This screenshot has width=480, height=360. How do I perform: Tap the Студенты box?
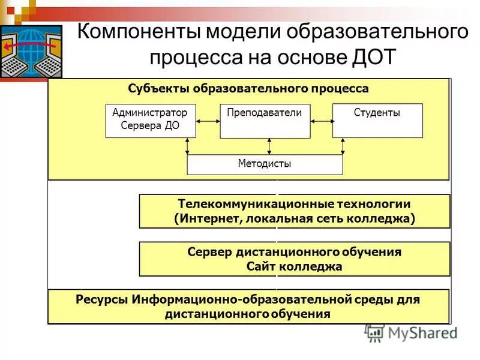(377, 120)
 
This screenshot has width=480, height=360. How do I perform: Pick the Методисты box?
(265, 164)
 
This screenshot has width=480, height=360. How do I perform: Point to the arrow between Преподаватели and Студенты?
(321, 121)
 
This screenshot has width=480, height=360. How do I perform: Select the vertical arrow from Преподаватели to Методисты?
(269, 146)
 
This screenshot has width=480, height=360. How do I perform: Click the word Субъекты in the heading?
(158, 89)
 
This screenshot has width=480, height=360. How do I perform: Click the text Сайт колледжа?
(294, 266)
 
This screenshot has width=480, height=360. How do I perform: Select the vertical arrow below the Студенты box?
(343, 146)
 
